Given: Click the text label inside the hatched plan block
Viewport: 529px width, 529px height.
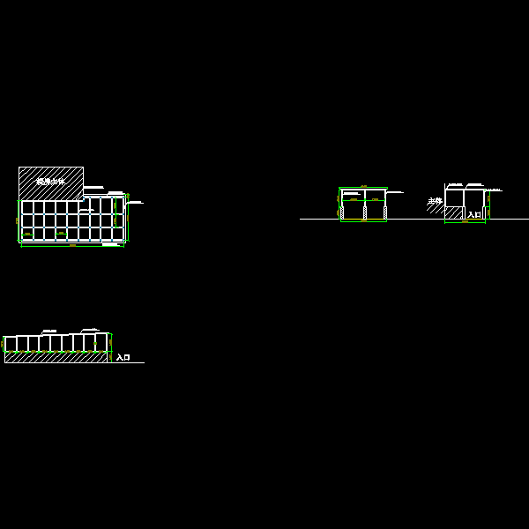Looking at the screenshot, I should [50, 182].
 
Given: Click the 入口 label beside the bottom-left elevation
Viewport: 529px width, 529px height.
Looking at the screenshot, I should [123, 358].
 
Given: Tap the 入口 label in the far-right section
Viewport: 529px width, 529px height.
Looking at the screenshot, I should [474, 214].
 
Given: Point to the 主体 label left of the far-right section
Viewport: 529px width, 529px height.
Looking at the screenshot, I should [435, 201].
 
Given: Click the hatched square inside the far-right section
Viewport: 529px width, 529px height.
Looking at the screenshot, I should [454, 212].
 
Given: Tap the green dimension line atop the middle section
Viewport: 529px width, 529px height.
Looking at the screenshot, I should [363, 187].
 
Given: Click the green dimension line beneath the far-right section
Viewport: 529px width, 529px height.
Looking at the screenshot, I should [465, 222].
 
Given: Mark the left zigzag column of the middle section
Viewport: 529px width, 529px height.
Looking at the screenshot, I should [342, 212].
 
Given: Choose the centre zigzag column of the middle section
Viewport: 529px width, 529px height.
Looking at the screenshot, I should [364, 212].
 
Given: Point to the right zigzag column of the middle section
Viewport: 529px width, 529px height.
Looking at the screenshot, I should [385, 212].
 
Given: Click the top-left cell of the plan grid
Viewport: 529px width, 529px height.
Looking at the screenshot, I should [27, 207].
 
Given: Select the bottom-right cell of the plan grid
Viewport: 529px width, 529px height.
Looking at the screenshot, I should [117, 234].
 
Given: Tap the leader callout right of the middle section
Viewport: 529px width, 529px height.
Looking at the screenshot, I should [394, 191].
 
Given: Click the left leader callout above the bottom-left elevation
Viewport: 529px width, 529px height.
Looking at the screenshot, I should [48, 332].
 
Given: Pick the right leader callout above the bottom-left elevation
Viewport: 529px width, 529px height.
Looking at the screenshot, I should [90, 329].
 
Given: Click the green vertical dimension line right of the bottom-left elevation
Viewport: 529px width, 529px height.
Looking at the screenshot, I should [111, 343].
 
